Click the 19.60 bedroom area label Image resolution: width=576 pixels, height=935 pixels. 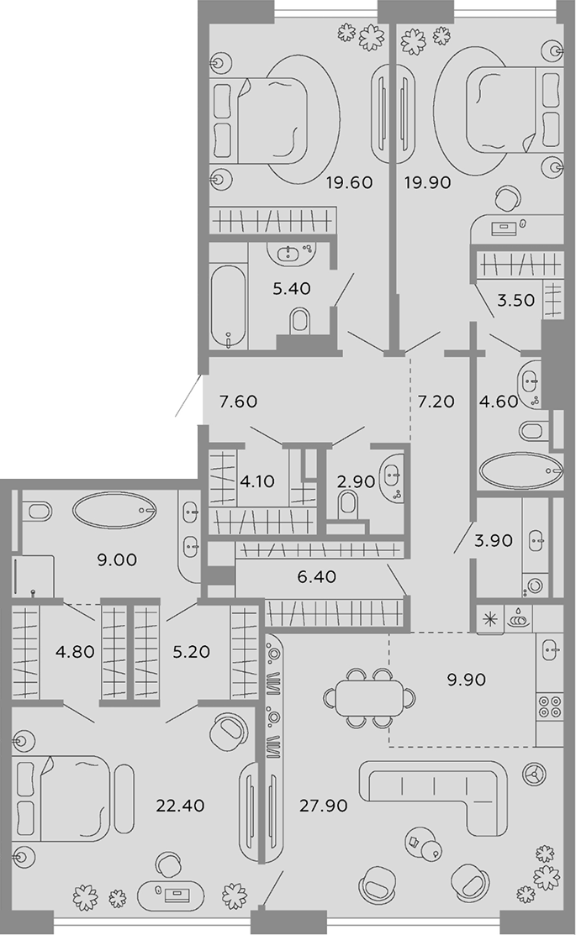click(349, 182)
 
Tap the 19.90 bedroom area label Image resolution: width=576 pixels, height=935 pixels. click(427, 182)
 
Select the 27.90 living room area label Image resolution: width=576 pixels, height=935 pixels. click(324, 806)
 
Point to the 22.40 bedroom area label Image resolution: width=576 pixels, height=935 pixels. click(180, 806)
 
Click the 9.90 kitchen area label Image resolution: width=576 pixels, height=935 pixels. click(466, 679)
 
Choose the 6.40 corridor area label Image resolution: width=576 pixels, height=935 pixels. click(316, 576)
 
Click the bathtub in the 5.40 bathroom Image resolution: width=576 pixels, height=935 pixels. click(229, 306)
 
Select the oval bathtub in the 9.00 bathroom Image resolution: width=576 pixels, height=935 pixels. click(114, 510)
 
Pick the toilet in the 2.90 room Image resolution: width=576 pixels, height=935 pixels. click(346, 507)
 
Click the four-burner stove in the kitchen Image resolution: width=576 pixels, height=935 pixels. click(549, 707)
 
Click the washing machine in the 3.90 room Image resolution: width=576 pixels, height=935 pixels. click(534, 586)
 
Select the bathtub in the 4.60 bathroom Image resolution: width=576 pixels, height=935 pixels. click(521, 471)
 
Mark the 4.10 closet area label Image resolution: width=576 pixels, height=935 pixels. click(256, 481)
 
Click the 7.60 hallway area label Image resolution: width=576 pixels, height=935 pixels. click(238, 402)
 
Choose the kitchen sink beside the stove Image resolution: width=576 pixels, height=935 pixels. click(549, 649)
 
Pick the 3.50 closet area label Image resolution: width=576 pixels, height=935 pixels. click(515, 300)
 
